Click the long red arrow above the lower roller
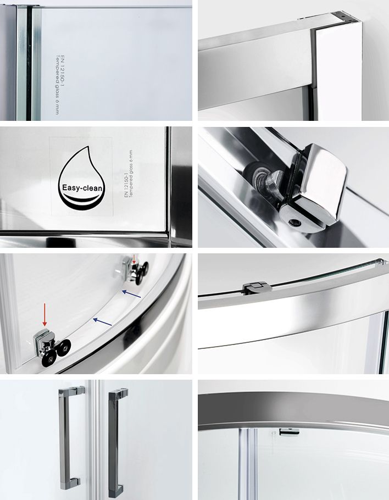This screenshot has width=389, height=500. (x=45, y=315)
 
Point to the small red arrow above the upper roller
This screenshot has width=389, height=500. (x=133, y=258)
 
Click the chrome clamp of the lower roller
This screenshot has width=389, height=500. (x=42, y=342)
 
